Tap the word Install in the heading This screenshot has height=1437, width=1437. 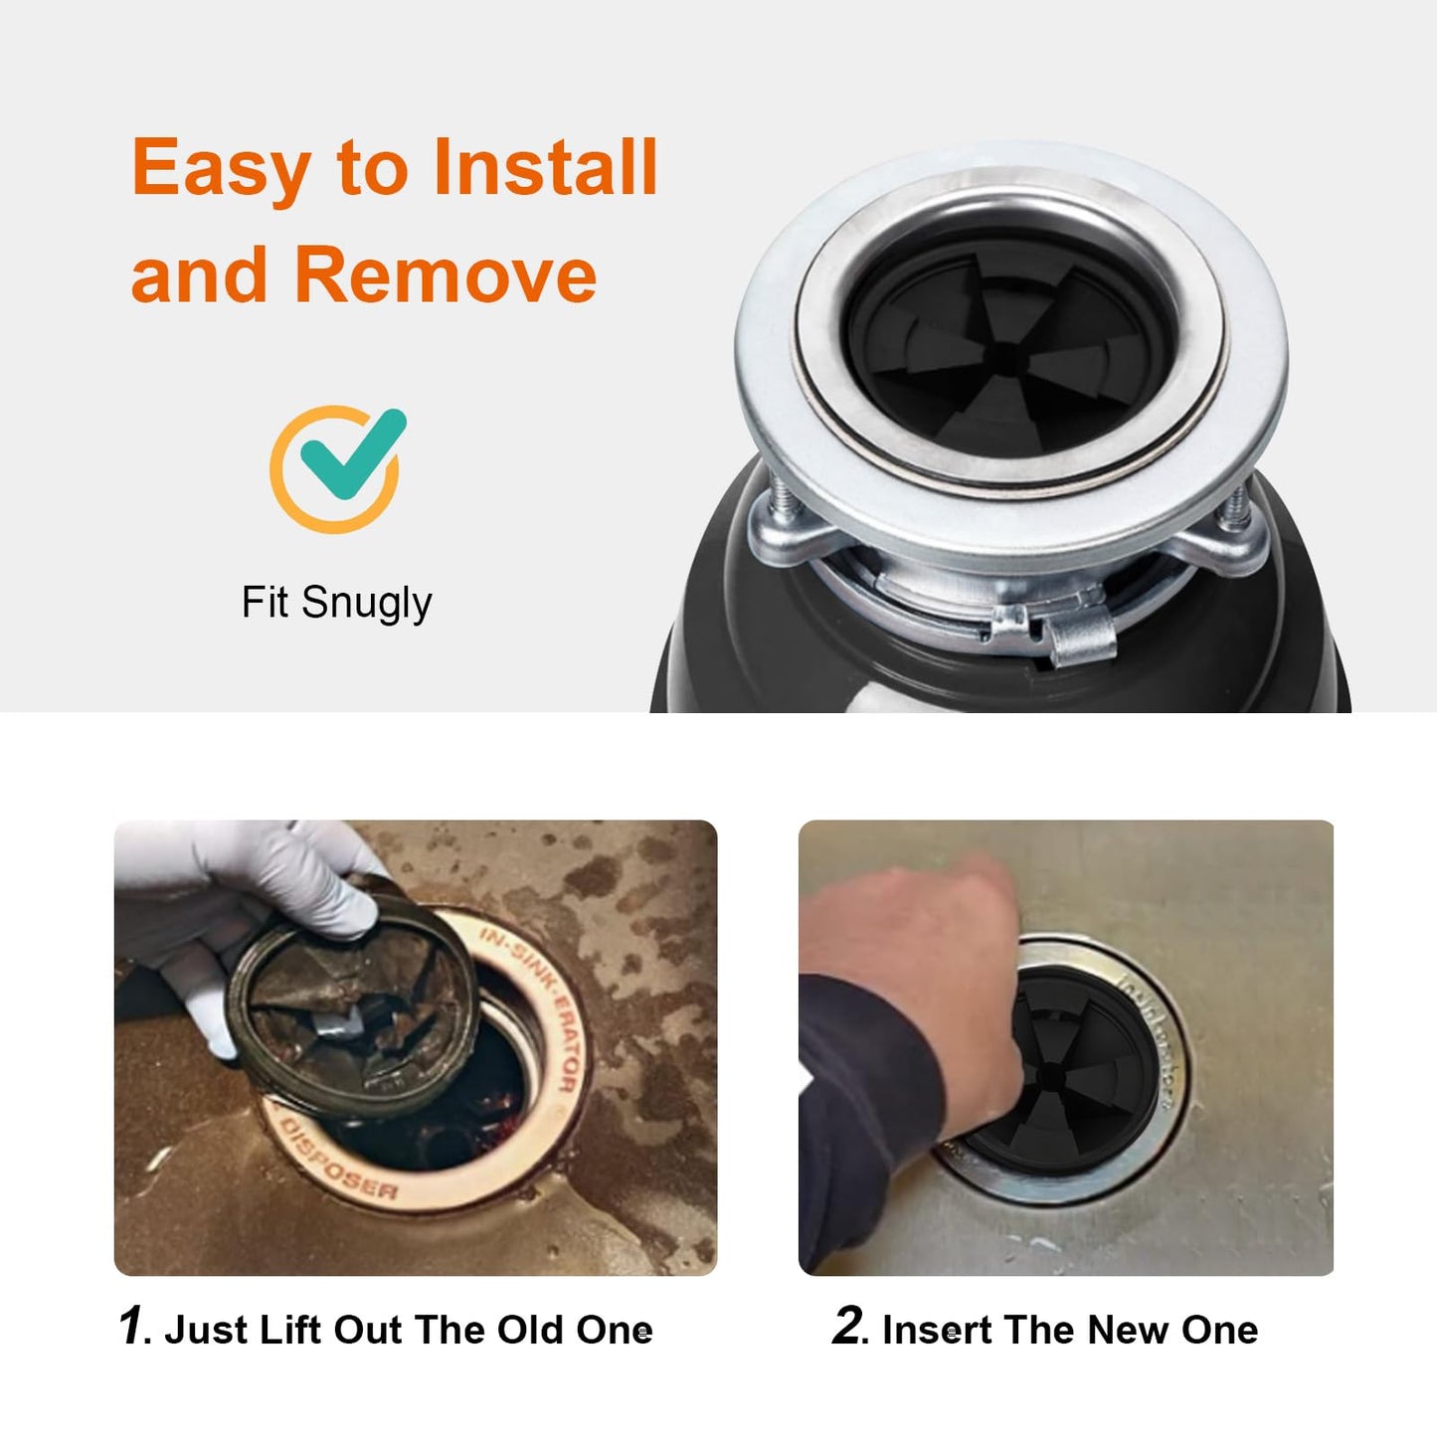545,167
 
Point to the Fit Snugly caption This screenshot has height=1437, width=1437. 336,603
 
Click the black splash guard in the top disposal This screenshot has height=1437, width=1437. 1008,348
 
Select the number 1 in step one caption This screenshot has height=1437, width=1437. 130,1327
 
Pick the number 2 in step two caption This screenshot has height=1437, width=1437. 848,1327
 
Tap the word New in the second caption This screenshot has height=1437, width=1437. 1125,1330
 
